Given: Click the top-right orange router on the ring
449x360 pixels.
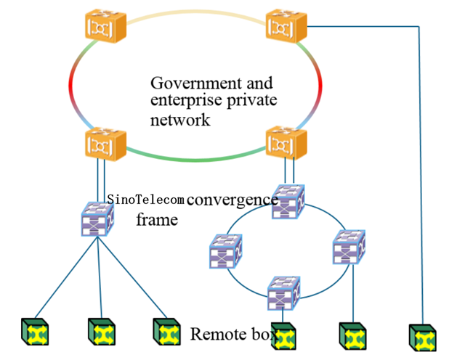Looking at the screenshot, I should coord(287,27).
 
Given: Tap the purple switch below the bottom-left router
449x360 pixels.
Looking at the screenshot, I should coord(97,218).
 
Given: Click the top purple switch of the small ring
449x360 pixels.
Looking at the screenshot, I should coord(288,202).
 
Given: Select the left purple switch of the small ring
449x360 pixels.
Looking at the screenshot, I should coord(224,250).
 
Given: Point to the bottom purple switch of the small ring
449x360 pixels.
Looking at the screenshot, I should coord(285,294).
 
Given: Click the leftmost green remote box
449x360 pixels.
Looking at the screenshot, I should coord(34,332).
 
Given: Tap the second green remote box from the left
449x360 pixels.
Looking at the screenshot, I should coord(101,332).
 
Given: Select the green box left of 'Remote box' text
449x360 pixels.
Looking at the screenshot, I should coord(167,332).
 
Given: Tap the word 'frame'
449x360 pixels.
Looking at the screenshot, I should coord(157,218).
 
